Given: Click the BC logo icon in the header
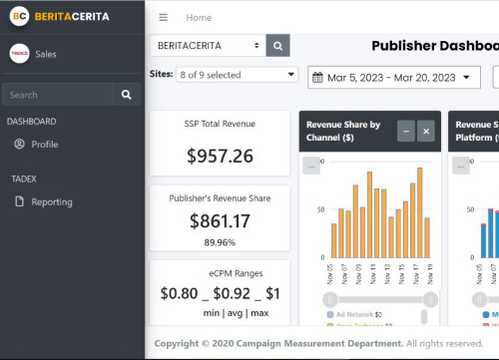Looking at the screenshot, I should (19, 17).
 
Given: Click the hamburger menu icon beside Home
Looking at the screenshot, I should (164, 17).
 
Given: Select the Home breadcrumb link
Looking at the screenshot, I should (199, 17).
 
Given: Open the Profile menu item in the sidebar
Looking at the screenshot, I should (44, 145).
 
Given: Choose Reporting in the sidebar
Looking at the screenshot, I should (51, 201).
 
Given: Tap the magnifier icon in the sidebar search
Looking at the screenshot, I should (126, 95).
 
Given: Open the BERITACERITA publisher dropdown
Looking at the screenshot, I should (208, 46).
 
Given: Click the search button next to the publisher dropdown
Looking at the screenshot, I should (278, 46).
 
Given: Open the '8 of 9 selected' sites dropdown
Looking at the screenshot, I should (237, 75).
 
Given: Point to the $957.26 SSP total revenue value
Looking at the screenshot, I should (220, 157).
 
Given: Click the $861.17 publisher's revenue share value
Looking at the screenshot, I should (220, 221).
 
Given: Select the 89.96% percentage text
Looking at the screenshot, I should (220, 242).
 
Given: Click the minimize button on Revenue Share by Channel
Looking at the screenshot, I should (405, 131).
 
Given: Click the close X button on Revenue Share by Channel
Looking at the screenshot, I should (426, 131).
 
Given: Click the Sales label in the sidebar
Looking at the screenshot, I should (46, 54).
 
